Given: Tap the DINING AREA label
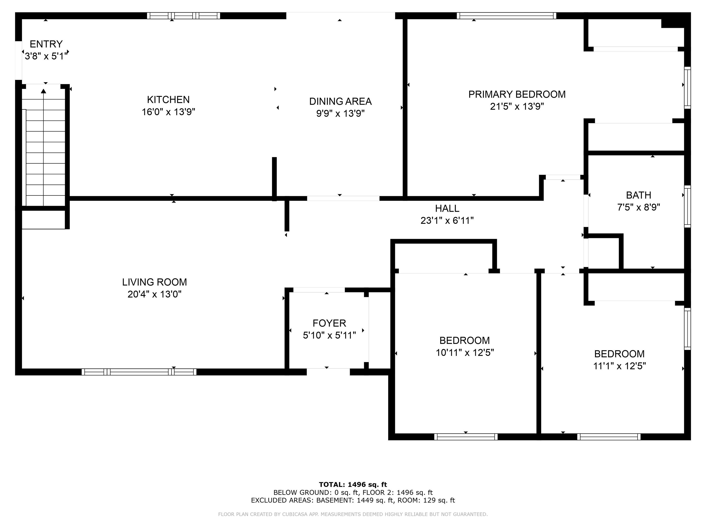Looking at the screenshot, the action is click(x=340, y=101).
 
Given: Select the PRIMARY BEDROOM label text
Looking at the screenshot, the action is click(x=517, y=94).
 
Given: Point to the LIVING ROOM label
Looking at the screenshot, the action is click(x=154, y=282).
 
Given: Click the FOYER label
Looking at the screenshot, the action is click(x=329, y=323).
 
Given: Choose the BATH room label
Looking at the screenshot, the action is click(x=638, y=195).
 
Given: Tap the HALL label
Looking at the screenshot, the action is click(x=447, y=208).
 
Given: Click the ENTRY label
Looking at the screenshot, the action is click(x=46, y=44).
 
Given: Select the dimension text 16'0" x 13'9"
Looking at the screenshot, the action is click(x=168, y=112).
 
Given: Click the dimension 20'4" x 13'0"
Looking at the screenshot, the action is click(x=154, y=294).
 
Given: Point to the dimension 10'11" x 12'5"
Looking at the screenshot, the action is click(x=465, y=353).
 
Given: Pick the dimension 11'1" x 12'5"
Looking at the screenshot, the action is click(x=619, y=366).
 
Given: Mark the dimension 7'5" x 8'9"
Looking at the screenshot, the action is click(x=638, y=207).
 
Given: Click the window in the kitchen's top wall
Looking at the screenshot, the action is click(x=184, y=16).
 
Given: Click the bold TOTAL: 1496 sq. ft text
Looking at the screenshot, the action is click(x=353, y=485).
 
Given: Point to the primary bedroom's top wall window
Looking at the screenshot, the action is click(x=507, y=16).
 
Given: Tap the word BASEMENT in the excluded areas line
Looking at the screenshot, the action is click(x=334, y=500).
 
